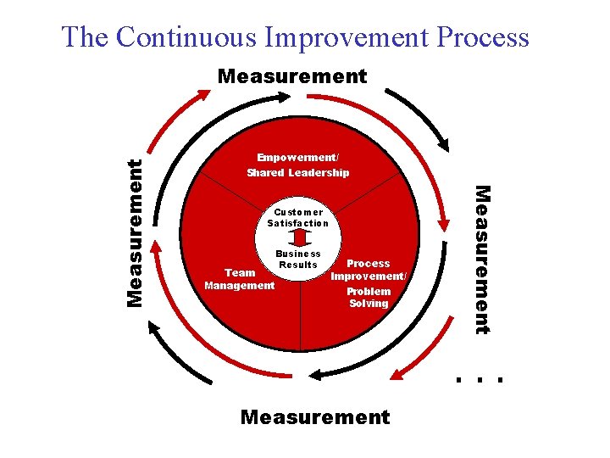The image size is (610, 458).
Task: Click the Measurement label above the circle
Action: click(292, 77)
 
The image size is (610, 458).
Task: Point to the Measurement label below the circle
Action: click(315, 416)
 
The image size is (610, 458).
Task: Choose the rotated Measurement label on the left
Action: click(134, 232)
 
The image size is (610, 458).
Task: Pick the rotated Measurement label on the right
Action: click(481, 259)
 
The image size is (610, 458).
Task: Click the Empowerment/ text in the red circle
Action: click(297, 157)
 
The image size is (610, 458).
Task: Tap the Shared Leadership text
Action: click(297, 173)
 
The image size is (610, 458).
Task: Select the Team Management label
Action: click(240, 279)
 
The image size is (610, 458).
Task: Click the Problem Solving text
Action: click(369, 297)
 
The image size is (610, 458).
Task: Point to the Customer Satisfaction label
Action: click(297, 217)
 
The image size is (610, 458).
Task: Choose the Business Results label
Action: click(298, 259)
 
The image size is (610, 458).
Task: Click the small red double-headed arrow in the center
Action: click(297, 238)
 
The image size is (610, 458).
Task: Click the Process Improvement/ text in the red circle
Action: click(369, 270)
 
